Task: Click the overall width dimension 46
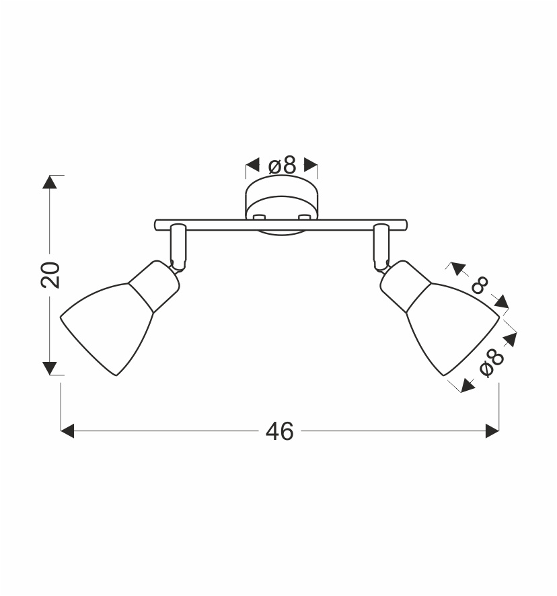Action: (x=279, y=431)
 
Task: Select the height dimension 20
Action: (x=50, y=275)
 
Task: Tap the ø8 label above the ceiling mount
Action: (x=282, y=166)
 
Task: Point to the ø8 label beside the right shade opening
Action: (x=492, y=363)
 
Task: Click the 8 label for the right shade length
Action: (x=480, y=285)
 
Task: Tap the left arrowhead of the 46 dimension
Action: (x=67, y=431)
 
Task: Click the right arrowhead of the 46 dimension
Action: (x=492, y=431)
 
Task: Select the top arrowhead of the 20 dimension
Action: (x=49, y=182)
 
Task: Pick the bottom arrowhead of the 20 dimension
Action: (x=49, y=369)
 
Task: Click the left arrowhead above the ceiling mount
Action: (x=252, y=165)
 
